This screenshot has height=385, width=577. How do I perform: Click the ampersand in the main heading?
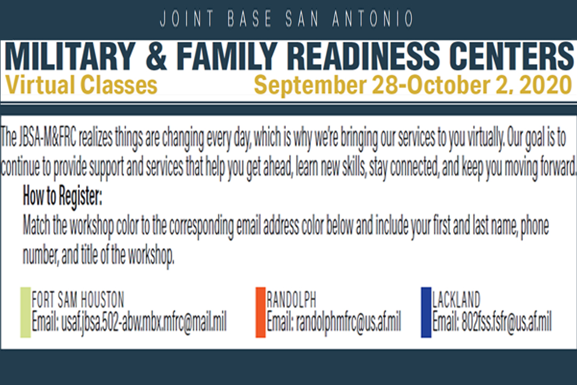click(157, 56)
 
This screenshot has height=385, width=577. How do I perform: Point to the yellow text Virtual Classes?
click(81, 85)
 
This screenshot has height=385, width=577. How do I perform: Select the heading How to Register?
click(63, 196)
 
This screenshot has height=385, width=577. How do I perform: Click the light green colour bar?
click(26, 312)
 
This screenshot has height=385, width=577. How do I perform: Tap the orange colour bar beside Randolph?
click(261, 312)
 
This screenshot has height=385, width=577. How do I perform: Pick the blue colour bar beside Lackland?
click(426, 312)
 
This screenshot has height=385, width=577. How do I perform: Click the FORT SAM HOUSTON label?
click(78, 299)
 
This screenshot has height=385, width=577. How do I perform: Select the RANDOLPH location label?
click(292, 299)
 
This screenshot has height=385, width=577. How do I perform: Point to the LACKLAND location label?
click(456, 299)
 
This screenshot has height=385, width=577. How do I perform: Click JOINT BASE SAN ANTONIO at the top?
click(287, 19)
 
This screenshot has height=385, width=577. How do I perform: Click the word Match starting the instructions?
click(36, 226)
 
